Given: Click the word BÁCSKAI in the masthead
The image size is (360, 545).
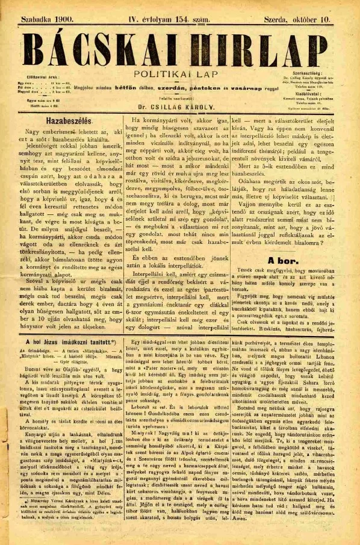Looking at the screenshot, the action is point(90,48).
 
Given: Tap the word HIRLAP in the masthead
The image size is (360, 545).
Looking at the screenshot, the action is point(259,48).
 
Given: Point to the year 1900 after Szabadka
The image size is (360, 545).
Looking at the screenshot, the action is point(63,19).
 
